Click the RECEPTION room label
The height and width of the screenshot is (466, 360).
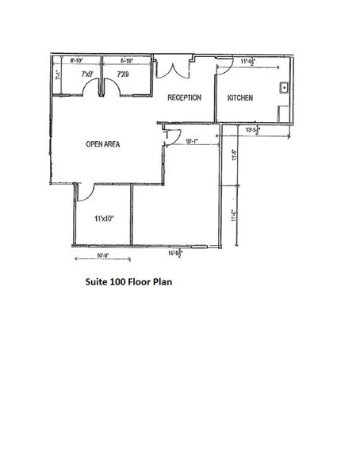183,97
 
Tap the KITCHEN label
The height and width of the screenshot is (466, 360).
240,97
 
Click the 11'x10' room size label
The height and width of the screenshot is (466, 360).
104,218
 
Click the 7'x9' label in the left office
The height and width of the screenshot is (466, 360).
88,74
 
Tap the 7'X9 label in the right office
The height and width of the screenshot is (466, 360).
123,74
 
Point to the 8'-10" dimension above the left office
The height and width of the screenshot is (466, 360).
78,59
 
